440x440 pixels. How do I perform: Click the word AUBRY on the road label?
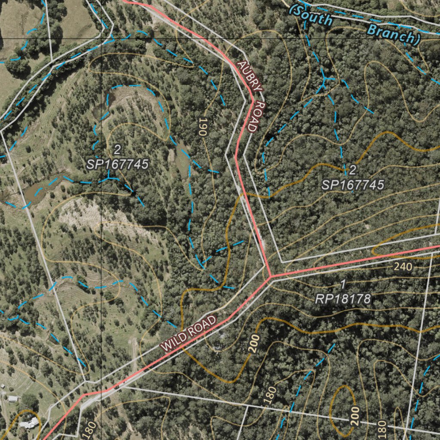click(x=249, y=76)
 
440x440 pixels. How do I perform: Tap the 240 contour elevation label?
click(x=403, y=267)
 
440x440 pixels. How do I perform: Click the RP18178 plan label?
click(x=343, y=299)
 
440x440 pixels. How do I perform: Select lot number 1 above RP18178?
click(x=343, y=284)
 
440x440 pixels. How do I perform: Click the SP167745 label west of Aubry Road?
click(x=117, y=164)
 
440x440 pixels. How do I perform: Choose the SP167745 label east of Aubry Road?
click(x=353, y=185)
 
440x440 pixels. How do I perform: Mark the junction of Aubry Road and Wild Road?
click(x=270, y=276)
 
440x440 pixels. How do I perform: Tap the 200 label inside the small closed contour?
click(x=354, y=416)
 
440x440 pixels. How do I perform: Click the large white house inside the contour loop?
click(x=29, y=423)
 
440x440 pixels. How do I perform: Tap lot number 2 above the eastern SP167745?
click(x=353, y=170)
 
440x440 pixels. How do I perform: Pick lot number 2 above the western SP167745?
click(x=117, y=150)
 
